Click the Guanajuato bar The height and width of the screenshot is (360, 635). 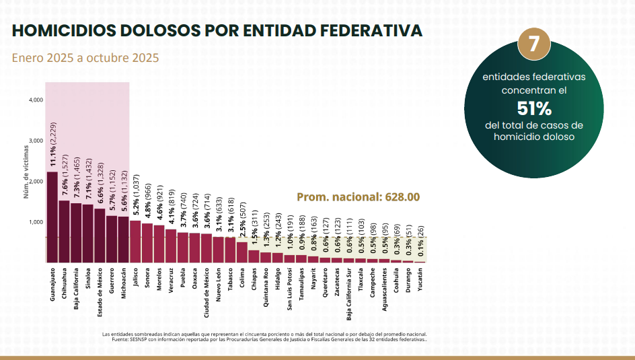click(52, 217)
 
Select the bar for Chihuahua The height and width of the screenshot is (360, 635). click(64, 231)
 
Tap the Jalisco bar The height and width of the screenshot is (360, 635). click(135, 242)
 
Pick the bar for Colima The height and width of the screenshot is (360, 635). click(241, 252)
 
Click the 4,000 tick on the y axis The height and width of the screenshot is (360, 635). click(36, 100)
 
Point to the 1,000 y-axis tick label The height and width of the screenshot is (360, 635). click(36, 222)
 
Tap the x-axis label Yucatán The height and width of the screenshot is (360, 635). click(420, 279)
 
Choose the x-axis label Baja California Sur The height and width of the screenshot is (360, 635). click(348, 294)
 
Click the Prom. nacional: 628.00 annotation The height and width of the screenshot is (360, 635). click(358, 197)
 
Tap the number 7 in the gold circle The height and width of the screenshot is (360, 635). click(534, 44)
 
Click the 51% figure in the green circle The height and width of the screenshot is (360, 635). click(534, 108)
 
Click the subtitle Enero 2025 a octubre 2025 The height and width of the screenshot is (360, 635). click(85, 58)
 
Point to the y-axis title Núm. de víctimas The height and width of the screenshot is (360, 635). click(26, 172)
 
